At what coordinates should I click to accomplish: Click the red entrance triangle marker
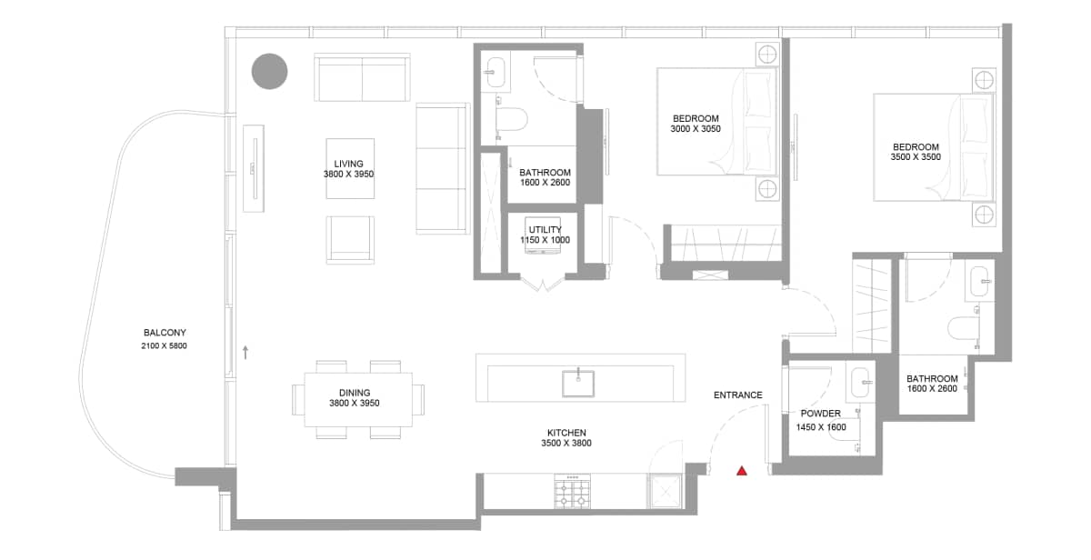click(x=742, y=471)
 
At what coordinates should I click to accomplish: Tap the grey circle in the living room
click(x=269, y=72)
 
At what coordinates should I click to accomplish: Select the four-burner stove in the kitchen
click(x=573, y=492)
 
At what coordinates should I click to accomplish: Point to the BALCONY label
click(x=165, y=333)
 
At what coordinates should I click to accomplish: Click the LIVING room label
click(x=348, y=164)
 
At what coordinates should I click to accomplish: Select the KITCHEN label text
click(x=566, y=433)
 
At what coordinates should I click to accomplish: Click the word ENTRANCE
click(x=737, y=395)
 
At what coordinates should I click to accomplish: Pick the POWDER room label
click(x=821, y=414)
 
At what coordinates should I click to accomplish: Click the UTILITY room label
click(x=545, y=230)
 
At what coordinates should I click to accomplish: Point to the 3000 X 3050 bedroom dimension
click(x=696, y=130)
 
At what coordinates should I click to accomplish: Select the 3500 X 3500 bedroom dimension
click(x=916, y=157)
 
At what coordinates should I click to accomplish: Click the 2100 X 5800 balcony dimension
click(x=165, y=346)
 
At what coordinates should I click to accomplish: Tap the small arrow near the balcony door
click(x=245, y=352)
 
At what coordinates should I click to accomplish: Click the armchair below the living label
click(x=351, y=239)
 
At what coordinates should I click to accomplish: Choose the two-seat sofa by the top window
click(x=362, y=78)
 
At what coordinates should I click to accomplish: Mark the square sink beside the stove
click(x=666, y=492)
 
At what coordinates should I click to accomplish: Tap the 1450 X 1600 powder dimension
click(x=821, y=426)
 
